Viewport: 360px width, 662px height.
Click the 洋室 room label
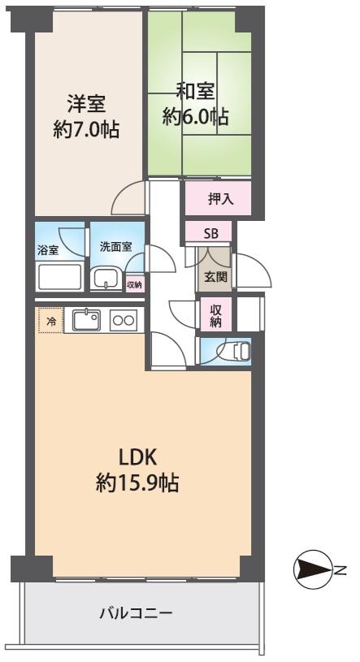(x=87, y=106)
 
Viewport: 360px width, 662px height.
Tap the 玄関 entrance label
(x=215, y=276)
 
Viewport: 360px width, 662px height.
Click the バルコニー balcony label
(x=136, y=614)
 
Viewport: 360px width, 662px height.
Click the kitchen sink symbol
(x=85, y=320)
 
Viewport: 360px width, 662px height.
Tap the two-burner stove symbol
(x=123, y=320)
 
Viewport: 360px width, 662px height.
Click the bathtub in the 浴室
(x=59, y=277)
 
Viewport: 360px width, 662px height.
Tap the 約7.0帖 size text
(x=87, y=129)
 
